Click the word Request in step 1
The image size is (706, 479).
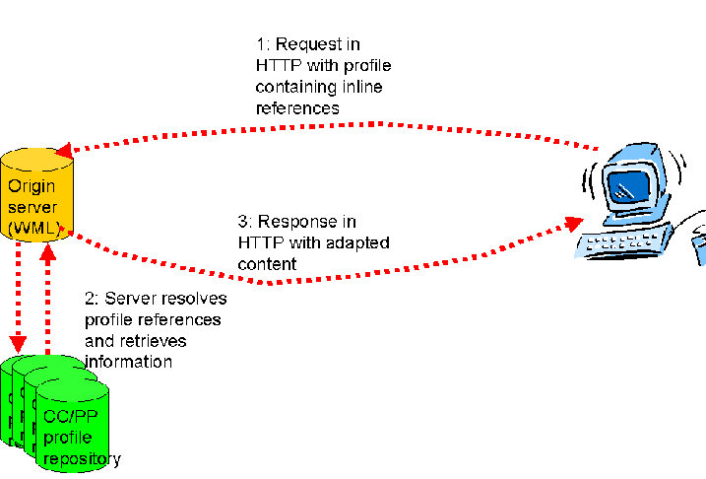306,44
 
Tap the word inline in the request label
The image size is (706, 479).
361,87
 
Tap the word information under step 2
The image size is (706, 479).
129,362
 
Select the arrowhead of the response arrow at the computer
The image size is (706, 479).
574,224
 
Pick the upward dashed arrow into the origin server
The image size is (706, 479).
45,296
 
